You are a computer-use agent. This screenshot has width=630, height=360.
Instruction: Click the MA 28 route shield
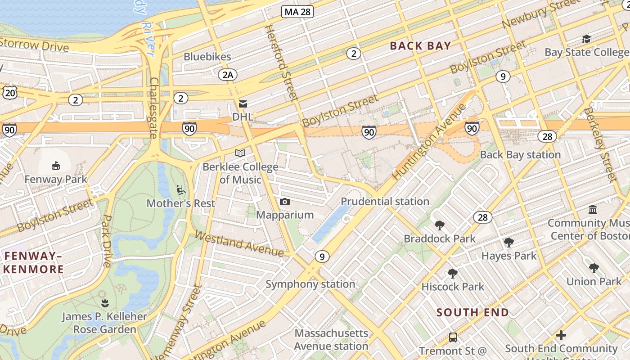click(297, 12)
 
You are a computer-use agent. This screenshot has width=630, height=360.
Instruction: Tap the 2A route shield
click(228, 75)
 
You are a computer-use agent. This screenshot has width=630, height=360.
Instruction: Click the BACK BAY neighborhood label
click(420, 45)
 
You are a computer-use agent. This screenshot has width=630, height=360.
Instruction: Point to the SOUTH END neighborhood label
click(473, 312)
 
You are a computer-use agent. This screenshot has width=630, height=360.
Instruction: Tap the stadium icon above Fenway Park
click(56, 166)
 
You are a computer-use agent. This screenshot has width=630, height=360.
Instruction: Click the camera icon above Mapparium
click(284, 202)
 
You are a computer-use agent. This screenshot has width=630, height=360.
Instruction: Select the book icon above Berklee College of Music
click(240, 153)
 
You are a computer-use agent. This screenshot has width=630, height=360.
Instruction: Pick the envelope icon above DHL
click(243, 104)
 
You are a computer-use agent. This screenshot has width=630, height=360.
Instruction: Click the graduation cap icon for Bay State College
click(586, 39)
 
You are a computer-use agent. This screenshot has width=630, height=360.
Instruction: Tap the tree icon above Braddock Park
click(440, 225)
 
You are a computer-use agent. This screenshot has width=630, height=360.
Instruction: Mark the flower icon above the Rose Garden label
click(105, 303)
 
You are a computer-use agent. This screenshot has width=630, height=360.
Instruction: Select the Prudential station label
click(385, 201)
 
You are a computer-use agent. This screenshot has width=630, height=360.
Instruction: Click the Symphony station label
click(310, 284)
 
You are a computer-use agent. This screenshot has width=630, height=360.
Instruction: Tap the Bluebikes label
click(207, 57)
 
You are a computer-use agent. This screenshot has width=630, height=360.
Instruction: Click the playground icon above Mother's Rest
click(181, 190)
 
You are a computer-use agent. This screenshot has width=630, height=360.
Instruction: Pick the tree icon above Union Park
click(594, 268)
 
